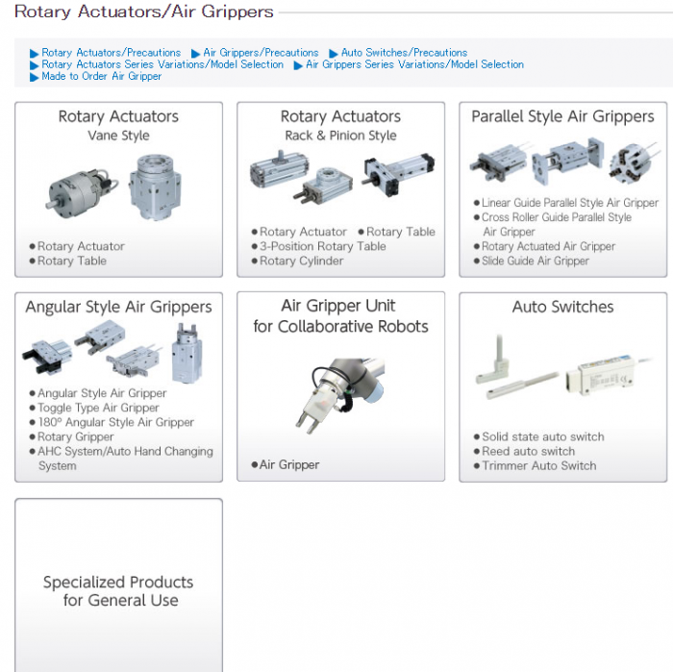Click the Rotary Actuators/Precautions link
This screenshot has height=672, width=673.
coord(111,53)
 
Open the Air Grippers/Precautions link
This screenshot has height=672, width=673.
coord(261,53)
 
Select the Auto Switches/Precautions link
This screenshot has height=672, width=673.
coord(404,53)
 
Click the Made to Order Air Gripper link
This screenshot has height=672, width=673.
coord(101,76)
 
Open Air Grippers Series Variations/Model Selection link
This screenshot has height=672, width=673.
coord(414,64)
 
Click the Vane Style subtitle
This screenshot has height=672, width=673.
coord(118,136)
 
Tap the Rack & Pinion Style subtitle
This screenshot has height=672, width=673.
coord(340,136)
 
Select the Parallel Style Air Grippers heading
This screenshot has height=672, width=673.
coord(562,116)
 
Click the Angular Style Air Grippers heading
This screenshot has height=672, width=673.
coord(118,307)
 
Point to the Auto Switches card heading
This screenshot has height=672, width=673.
coord(562,307)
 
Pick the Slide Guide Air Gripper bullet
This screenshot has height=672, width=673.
coord(536,261)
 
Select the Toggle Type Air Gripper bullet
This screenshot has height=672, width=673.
coord(98,408)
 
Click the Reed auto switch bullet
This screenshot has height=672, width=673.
coord(528,451)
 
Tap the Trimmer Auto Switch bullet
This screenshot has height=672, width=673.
coord(538,465)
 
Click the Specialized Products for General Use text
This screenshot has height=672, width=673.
coord(118,591)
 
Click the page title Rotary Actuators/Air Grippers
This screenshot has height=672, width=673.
coord(144,12)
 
